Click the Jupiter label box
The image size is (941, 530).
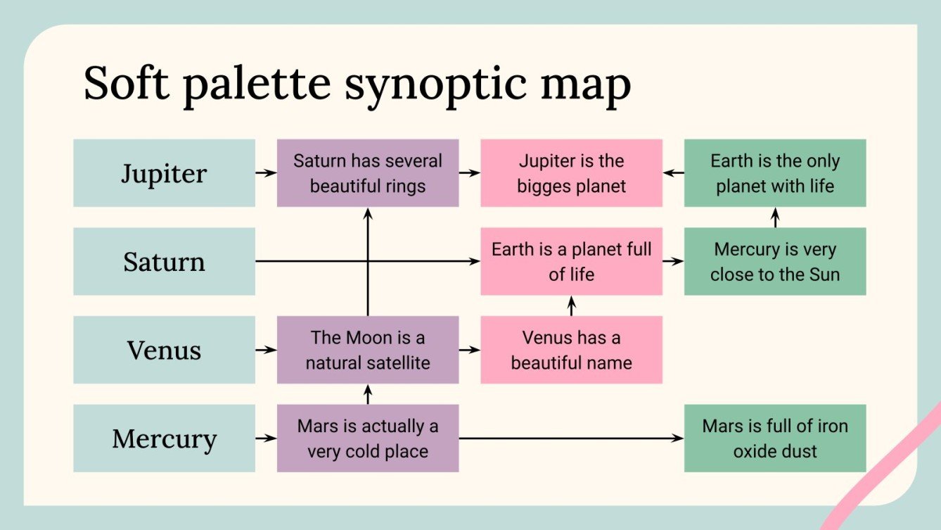(x=164, y=173)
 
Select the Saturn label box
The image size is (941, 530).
(x=164, y=262)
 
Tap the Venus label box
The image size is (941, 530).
(x=164, y=350)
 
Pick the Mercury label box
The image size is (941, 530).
(x=164, y=438)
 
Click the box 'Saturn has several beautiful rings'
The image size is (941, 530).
(x=367, y=173)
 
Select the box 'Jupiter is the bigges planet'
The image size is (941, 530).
(x=571, y=173)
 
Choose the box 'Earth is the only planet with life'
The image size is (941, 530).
(x=774, y=173)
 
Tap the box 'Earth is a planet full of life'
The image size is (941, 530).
(x=571, y=262)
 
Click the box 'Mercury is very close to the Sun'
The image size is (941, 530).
(x=774, y=262)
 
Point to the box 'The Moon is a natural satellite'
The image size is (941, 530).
(x=367, y=350)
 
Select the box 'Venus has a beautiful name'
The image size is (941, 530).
(x=571, y=350)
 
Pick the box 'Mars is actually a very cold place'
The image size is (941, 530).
(x=367, y=438)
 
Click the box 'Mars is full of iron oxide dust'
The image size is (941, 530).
(x=774, y=438)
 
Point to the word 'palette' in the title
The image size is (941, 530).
(x=256, y=84)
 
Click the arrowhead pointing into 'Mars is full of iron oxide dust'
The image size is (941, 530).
(x=679, y=438)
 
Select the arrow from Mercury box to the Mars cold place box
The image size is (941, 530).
(x=266, y=438)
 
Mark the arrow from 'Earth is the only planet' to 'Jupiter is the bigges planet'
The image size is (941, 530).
(x=673, y=172)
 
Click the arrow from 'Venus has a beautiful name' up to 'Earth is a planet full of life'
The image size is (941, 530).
(x=571, y=305)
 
